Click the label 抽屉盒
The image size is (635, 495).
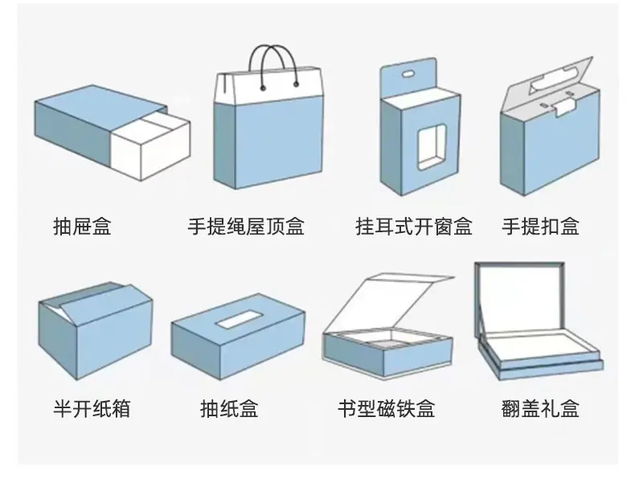pos(82,227)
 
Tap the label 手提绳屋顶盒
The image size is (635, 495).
pos(246,227)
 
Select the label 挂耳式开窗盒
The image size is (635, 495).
pos(414,227)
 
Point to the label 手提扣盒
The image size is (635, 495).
pos(541,227)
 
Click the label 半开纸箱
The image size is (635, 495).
pos(92,408)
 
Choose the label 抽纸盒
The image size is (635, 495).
pos(229,408)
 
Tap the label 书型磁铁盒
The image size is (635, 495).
pos(387,408)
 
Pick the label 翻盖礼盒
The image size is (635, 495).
pos(541,408)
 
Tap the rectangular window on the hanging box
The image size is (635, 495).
pos(432,147)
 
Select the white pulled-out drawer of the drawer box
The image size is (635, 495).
pos(150,145)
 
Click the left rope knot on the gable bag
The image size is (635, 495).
pos(263,88)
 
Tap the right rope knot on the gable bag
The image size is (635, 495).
pos(296,84)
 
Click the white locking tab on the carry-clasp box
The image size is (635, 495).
pos(564,108)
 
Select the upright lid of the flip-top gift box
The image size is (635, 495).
pos(519,299)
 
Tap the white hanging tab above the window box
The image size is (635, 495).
pos(408,78)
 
